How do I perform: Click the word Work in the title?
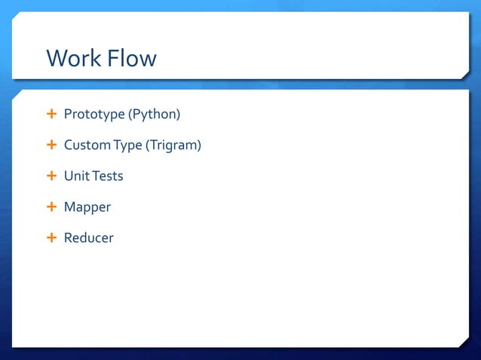pos(73,58)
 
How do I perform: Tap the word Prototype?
pos(93,115)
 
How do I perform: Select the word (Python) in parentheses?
pos(154,114)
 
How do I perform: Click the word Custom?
pos(87,145)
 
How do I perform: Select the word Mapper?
pos(87,207)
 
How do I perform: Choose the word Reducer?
pos(89,238)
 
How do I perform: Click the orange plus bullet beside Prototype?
pos(51,114)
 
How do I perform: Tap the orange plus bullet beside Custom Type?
pos(51,145)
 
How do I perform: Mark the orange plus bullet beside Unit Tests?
pos(51,175)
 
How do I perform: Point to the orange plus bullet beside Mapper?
pos(51,206)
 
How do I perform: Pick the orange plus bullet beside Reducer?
pos(51,237)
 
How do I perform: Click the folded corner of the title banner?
pos(465,73)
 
